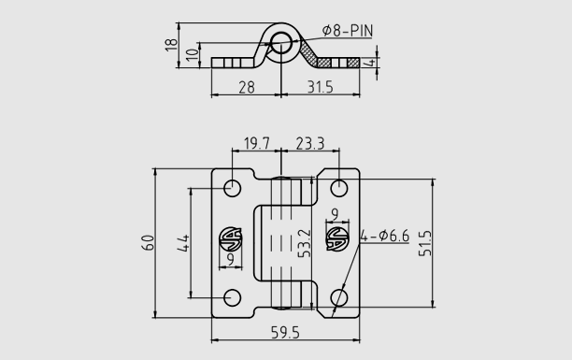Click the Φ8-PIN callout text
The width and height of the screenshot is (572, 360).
click(348, 31)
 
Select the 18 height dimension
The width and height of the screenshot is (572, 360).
click(171, 45)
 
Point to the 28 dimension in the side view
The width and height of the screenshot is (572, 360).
click(247, 88)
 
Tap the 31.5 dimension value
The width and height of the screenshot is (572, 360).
click(321, 87)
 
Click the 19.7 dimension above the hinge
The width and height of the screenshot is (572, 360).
click(257, 143)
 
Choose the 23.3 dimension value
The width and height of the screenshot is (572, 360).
click(310, 143)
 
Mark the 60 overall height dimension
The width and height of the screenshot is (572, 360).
click(148, 243)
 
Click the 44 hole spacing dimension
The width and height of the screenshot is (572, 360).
click(183, 243)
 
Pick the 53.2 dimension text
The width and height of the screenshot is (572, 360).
click(305, 243)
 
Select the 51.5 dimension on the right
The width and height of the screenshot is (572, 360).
click(425, 243)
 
